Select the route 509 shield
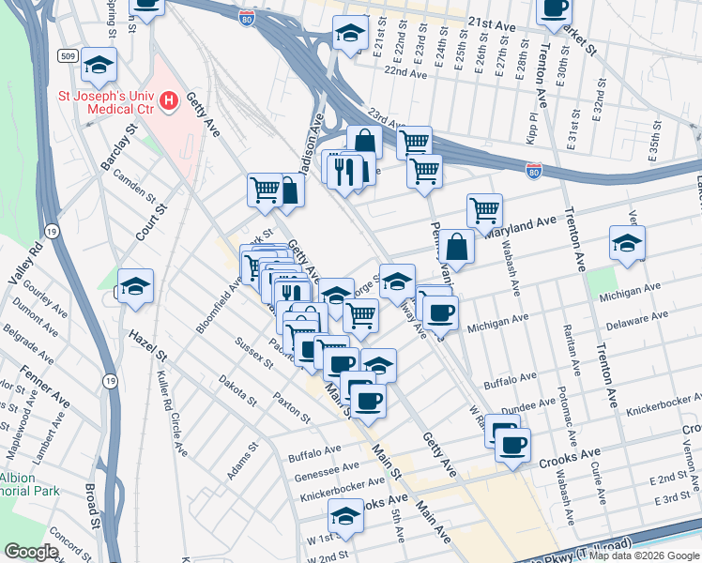(69, 54)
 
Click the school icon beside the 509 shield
(99, 66)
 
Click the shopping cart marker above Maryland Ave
(484, 210)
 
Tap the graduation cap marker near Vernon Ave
(627, 243)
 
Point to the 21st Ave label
(495, 21)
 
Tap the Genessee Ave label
(326, 466)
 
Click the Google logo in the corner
(31, 552)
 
